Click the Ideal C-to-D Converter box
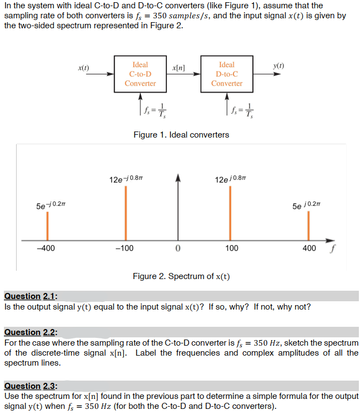140,74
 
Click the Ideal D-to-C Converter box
226,74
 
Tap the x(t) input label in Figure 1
84,68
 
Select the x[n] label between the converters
179,68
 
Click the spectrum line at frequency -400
47,226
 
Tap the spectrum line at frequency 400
307,226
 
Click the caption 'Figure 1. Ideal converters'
181,135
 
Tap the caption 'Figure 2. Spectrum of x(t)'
181,276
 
